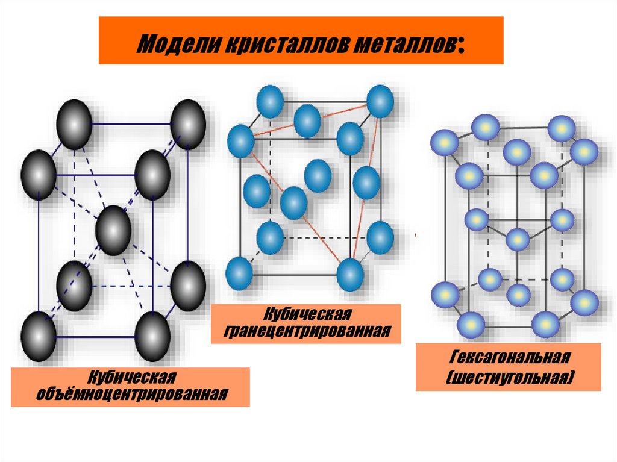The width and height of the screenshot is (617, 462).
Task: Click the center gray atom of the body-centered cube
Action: [x=113, y=229]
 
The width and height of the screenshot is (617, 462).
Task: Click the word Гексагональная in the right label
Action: [x=509, y=359]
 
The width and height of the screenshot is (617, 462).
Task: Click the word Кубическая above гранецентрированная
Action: [x=305, y=315]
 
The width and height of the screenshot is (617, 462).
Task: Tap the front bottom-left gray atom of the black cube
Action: [x=39, y=336]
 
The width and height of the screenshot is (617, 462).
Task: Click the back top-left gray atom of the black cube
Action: [x=74, y=124]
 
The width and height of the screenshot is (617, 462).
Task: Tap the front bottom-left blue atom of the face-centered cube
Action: [x=239, y=273]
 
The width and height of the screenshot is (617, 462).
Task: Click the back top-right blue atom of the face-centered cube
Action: [x=380, y=101]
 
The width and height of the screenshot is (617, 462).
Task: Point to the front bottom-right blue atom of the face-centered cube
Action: [x=350, y=275]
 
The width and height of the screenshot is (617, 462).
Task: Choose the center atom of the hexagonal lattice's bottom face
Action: [x=518, y=295]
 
